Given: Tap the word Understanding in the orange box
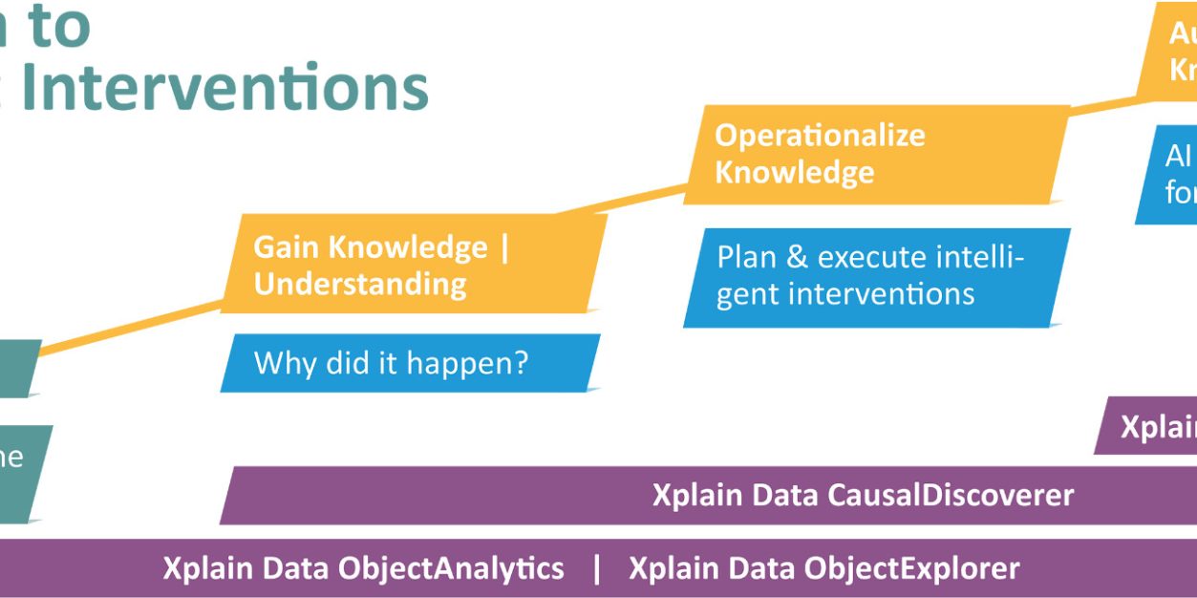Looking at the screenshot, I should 360,284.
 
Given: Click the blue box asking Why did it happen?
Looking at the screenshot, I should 410,363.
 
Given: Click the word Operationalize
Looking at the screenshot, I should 820,135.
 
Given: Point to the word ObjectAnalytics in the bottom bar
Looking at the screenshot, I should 451,568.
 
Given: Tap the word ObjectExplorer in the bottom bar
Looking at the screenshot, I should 911,568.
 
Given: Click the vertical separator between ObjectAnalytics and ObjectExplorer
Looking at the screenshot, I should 597,568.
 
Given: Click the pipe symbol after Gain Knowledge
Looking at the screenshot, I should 504,247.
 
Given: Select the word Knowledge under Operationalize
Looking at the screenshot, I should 794,173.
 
